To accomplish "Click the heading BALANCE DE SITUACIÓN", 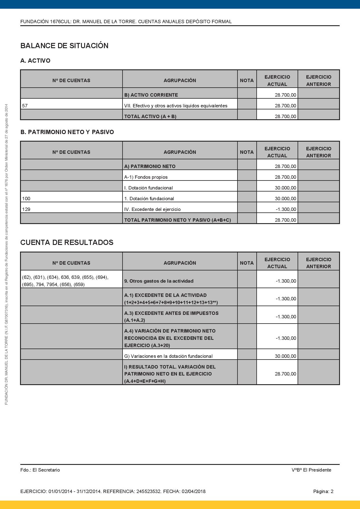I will pyautogui.click(x=64, y=46).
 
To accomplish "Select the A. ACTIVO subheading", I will pyautogui.click(x=35, y=61).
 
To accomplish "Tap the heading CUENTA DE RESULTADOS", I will pyautogui.click(x=67, y=243).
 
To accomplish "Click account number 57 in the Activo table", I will pyautogui.click(x=25, y=106).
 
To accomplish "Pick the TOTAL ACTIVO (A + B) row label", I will pyautogui.click(x=150, y=116).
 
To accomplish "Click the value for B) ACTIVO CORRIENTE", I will pyautogui.click(x=285, y=95).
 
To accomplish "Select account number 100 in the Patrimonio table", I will pyautogui.click(x=26, y=198).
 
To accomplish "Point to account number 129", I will pyautogui.click(x=26, y=209).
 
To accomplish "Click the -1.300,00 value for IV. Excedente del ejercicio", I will pyautogui.click(x=286, y=209).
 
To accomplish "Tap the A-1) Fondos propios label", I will pyautogui.click(x=146, y=177).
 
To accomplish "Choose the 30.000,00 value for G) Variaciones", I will pyautogui.click(x=285, y=356).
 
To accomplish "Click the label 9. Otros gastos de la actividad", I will pyautogui.click(x=159, y=281).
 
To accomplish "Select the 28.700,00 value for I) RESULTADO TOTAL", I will pyautogui.click(x=285, y=374).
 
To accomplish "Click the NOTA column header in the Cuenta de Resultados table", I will pyautogui.click(x=247, y=263).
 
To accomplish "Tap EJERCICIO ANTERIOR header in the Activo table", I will pyautogui.click(x=318, y=80).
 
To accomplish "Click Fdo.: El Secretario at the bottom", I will pyautogui.click(x=40, y=470).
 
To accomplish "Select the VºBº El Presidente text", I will pyautogui.click(x=311, y=470).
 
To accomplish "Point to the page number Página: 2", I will pyautogui.click(x=323, y=491).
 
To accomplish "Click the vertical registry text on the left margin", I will pyautogui.click(x=6, y=254).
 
